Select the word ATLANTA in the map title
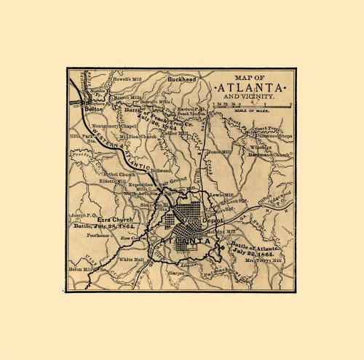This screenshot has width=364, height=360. coord(251,87)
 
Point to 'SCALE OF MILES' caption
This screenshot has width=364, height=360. coord(252,111)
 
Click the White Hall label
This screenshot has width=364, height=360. coord(132,259)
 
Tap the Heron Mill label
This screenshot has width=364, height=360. coord(82,268)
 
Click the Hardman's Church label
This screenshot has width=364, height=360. coord(270,154)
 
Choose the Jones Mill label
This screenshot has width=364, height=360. coord(218,151)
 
